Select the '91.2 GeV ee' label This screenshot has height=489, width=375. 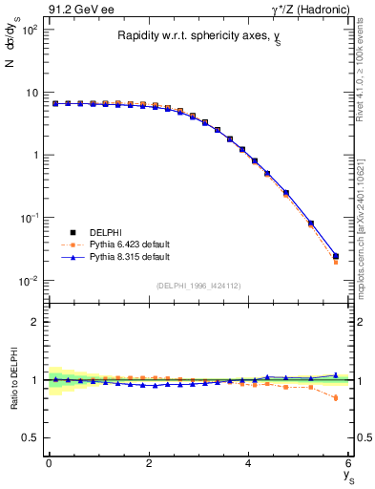pos(75,9)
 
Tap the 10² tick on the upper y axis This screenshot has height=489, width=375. pos(31,31)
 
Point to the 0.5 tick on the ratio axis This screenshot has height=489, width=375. pos(31,437)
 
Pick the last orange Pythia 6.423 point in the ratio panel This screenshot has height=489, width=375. pos(335,397)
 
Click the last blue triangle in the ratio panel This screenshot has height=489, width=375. pos(335,375)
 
